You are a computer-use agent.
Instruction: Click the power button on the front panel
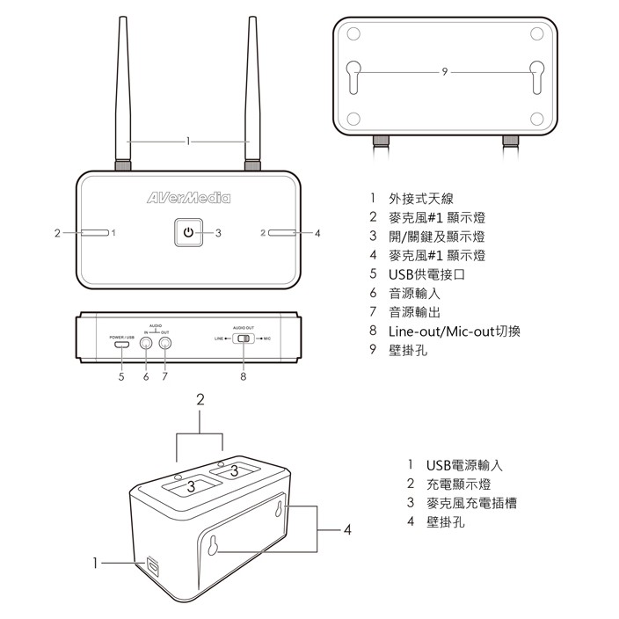186,233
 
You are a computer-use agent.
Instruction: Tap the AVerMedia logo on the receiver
188,198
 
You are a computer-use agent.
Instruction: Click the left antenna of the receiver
123,97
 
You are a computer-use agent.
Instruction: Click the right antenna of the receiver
253,97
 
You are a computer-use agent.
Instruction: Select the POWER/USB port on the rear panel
122,345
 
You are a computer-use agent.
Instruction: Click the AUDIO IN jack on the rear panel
146,345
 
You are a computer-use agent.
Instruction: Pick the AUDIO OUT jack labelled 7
164,345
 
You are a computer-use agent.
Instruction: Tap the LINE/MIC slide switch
244,339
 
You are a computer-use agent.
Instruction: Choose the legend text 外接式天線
422,200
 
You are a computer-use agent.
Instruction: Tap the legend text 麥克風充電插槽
470,503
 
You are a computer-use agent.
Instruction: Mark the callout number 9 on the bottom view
446,70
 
